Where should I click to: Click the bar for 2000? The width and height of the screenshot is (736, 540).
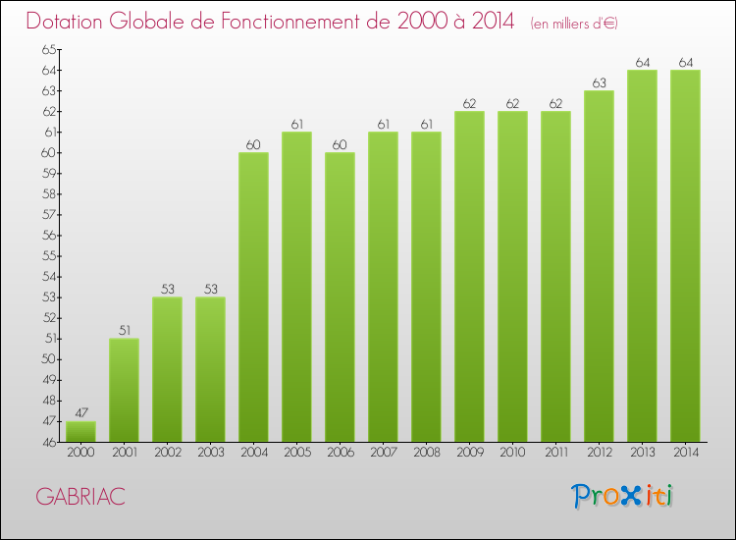point(80,431)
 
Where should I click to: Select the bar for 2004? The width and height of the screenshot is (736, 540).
point(253,297)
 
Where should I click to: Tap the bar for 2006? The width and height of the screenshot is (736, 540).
point(340,297)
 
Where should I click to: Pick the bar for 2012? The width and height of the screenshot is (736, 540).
point(599,266)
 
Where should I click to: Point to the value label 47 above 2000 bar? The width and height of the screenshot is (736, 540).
point(80,413)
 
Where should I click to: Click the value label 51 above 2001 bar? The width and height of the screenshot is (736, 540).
point(124,331)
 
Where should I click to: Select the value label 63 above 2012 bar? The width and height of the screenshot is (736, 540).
point(599,83)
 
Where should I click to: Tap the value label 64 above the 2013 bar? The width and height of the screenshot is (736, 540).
point(642,63)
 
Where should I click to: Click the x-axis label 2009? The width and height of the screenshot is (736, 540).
point(469,454)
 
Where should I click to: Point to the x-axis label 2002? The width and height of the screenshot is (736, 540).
point(167,454)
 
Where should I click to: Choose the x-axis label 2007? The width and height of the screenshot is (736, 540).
point(383,454)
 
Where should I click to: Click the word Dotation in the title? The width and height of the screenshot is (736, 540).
point(69,22)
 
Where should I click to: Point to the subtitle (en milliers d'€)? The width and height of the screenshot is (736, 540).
point(574,24)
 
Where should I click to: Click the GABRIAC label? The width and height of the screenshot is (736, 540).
point(80,497)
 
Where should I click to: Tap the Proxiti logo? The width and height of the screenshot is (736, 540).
point(623,496)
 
